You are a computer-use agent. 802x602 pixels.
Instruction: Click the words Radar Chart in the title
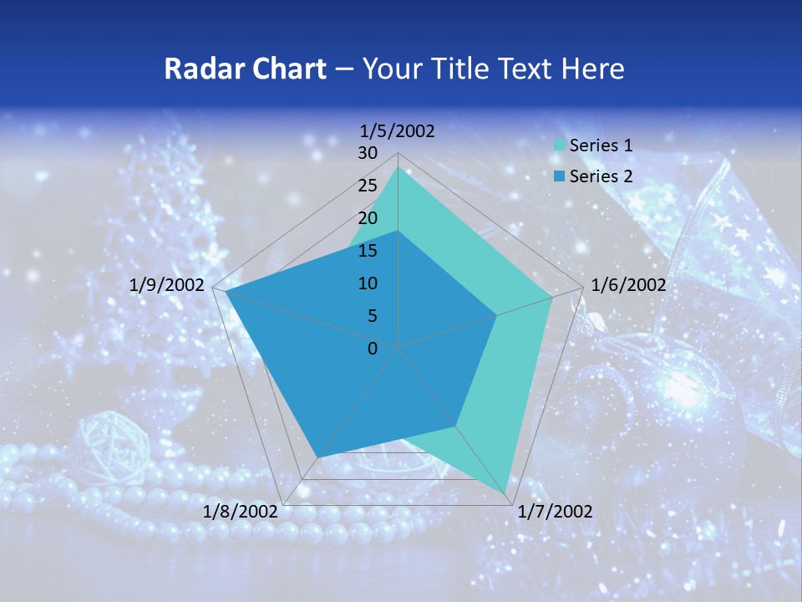tap(245, 69)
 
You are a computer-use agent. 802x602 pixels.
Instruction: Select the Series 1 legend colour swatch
tap(559, 145)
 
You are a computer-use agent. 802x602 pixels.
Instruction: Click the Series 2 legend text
tap(601, 176)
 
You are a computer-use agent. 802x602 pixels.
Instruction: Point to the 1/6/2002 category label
tap(628, 285)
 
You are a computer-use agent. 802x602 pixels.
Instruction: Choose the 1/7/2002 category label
tap(555, 512)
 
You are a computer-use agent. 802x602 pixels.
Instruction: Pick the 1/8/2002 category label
tap(241, 512)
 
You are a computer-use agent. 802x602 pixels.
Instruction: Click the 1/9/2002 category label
tap(167, 285)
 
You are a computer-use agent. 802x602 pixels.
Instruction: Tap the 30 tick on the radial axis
tap(368, 153)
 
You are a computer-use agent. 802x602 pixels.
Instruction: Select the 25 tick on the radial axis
tap(368, 186)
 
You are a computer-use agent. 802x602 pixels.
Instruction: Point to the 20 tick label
tap(368, 218)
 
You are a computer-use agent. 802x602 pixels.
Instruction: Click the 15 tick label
tap(368, 251)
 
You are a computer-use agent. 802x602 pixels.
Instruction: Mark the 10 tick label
tap(368, 283)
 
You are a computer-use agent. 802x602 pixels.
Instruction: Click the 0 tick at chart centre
tap(373, 349)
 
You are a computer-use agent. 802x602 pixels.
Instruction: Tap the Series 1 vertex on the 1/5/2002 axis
tap(398, 166)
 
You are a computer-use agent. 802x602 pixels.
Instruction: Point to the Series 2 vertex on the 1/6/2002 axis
tap(497, 315)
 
